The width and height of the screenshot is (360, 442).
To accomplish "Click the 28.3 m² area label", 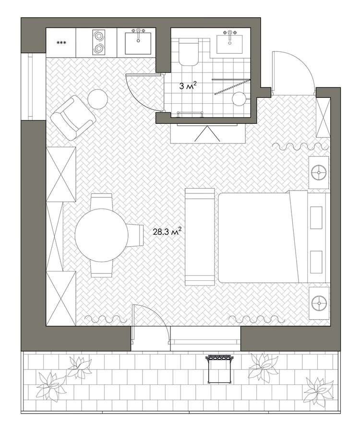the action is pos(167,232).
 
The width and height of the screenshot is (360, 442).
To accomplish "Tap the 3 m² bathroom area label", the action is pos(188,86).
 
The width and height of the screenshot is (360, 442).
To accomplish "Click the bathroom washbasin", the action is pos(229,44).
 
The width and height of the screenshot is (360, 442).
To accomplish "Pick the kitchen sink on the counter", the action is pos(138,43).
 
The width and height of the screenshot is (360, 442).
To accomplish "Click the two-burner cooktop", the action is pos(98,42).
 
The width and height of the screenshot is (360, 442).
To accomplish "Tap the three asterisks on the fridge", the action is pos(61,43).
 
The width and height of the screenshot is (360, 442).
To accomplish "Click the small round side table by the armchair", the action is pos(97,99).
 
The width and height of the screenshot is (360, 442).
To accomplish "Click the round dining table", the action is pos(101,235).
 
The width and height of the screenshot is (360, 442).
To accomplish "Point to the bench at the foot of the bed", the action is pos(200,237).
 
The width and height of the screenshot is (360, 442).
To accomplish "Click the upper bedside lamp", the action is pos(319,172).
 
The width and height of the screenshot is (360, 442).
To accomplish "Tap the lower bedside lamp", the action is pos(319,303).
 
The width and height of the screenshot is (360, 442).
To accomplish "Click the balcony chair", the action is pos(219,369).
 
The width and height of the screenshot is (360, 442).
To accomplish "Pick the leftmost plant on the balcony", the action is pos(51,387).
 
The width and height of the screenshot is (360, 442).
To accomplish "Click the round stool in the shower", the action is pos(240,99).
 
